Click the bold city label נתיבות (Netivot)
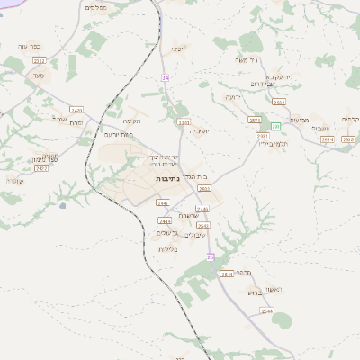[167, 179]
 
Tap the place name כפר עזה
[27, 46]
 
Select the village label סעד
[35, 78]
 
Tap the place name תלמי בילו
[269, 142]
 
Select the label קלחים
[350, 120]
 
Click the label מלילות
[167, 249]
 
